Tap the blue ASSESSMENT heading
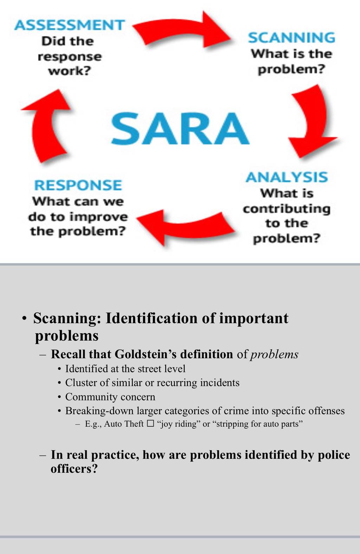(x=70, y=25)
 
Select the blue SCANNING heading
(x=291, y=38)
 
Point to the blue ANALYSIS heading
(x=287, y=177)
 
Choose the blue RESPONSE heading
(x=78, y=185)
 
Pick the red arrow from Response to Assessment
(x=46, y=126)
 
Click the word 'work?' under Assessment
(x=70, y=71)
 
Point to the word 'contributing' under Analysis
(x=287, y=209)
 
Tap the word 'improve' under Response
(x=98, y=217)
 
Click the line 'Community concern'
(x=110, y=397)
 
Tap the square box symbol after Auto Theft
(x=150, y=424)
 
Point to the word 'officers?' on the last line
(x=74, y=469)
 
